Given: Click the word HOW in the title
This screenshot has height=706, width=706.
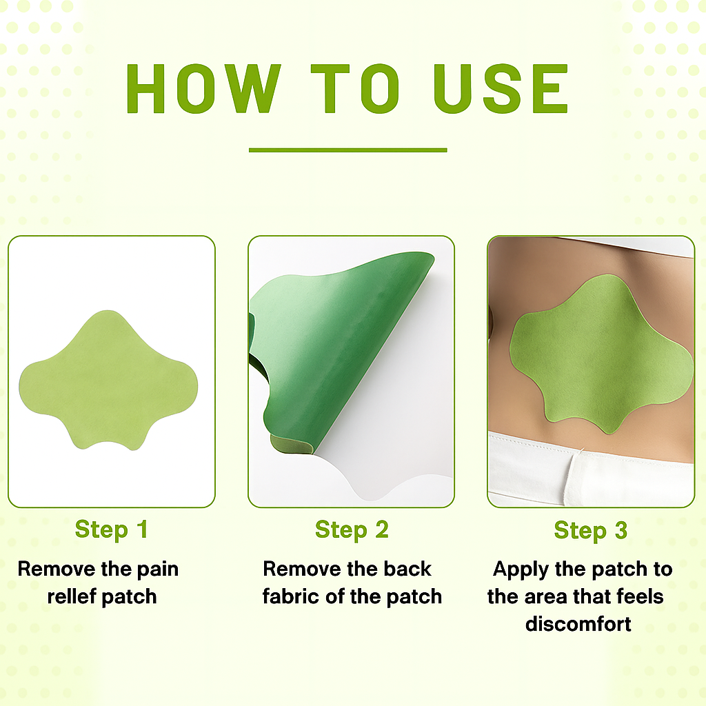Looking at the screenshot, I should (204, 89).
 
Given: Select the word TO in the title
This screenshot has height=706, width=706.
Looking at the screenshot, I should (356, 89).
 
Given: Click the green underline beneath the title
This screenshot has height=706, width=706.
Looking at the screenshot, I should (347, 150).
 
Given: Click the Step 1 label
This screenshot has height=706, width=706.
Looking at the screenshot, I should (111, 529).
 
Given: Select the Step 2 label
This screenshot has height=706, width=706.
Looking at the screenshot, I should (352, 529).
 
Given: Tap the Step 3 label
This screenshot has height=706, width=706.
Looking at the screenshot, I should (591, 530).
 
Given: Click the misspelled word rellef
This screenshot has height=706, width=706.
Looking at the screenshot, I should (70, 596).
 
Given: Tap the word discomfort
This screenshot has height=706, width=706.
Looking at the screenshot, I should (578, 624).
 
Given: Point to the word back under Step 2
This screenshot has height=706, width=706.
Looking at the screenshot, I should (407, 569).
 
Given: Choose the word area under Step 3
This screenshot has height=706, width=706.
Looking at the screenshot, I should (556, 596).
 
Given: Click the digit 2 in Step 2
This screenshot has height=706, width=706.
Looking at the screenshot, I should (381, 529).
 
